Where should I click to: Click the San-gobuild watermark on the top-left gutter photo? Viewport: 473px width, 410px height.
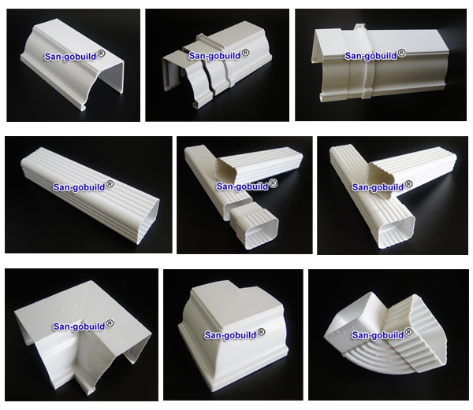71,57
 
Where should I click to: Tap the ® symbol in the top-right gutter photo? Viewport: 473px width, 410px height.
401,53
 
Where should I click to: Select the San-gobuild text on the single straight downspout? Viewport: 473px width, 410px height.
79,187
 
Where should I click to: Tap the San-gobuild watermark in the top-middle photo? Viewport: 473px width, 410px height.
214,56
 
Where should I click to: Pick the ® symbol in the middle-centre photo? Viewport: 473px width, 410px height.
273,183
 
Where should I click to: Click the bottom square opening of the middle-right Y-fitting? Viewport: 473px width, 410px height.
397,230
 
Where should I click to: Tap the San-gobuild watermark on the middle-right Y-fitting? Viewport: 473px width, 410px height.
378,187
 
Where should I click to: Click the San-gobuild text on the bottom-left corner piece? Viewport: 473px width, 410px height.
79,327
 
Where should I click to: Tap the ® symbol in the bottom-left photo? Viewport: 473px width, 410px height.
110,323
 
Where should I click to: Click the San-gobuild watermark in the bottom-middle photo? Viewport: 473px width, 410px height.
230,335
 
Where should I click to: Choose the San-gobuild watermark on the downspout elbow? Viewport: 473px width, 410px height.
378,335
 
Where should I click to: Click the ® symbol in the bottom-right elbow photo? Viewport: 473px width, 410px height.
408,332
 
